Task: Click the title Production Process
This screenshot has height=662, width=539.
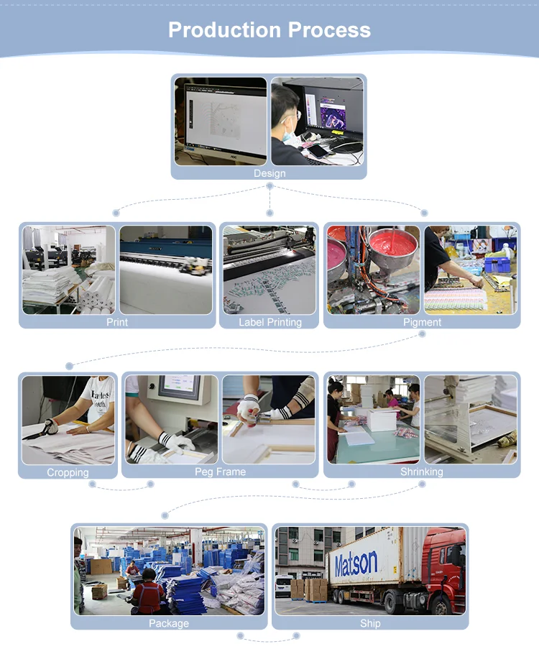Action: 269,29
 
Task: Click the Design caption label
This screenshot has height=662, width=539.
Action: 269,173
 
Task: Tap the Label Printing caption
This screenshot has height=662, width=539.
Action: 269,323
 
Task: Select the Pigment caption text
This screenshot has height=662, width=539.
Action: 422,323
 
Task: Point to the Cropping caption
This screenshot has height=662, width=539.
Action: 68,472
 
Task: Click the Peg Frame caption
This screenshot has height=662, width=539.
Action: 220,472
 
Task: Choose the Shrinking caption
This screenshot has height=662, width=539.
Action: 421,472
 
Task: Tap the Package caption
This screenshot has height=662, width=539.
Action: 169,623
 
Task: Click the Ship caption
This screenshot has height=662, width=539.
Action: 370,623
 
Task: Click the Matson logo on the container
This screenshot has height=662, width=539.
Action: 355,563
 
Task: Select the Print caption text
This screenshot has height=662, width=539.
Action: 117,323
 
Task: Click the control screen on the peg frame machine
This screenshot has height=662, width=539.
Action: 180,389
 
